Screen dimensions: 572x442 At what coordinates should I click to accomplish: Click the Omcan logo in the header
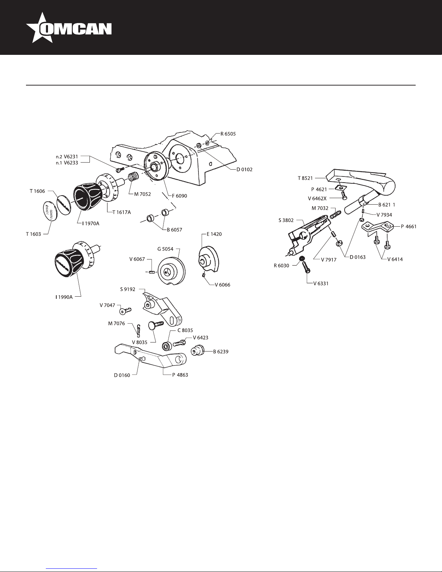(69, 28)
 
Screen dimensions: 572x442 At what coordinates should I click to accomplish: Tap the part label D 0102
(244, 169)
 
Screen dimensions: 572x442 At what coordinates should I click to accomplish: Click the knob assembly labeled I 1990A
(72, 260)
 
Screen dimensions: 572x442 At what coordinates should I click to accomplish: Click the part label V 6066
(222, 284)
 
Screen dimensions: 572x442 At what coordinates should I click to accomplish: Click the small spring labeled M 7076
(138, 329)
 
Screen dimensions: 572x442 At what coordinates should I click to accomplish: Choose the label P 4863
(180, 375)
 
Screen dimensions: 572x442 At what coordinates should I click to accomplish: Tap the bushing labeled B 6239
(198, 351)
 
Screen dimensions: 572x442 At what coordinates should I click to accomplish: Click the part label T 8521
(305, 178)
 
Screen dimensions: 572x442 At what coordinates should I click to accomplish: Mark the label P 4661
(408, 227)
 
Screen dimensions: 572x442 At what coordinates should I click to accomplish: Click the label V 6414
(395, 259)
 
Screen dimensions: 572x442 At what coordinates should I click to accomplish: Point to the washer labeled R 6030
(302, 259)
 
